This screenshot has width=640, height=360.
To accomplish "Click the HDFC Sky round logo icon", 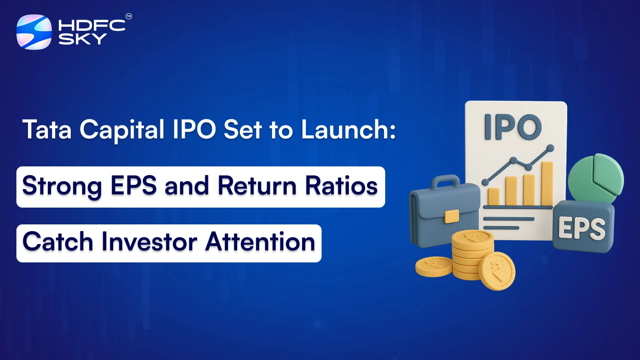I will (x=34, y=32).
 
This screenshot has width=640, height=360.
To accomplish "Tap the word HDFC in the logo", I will (x=92, y=26).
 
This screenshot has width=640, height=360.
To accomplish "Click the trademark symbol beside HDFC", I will (x=128, y=16).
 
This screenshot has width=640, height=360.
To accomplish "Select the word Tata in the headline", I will (x=47, y=130).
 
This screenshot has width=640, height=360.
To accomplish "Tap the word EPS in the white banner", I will (x=134, y=186).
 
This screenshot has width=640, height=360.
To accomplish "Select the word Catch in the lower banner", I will (x=58, y=242).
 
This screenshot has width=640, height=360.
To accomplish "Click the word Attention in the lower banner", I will (x=260, y=242).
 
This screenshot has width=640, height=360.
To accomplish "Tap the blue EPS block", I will (x=582, y=227).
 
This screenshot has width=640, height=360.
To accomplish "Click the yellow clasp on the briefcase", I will (x=452, y=216).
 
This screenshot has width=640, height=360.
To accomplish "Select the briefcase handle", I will (x=445, y=181).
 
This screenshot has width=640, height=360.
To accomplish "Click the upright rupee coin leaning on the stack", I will (x=497, y=271).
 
